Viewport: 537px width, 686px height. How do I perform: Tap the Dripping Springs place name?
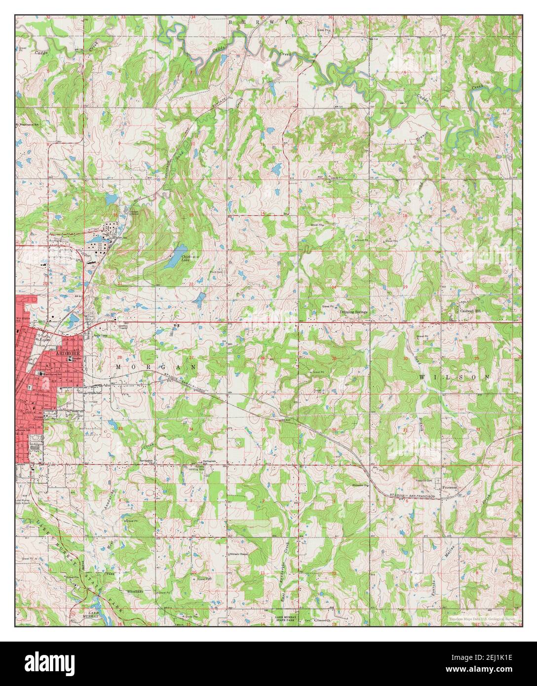[353, 312]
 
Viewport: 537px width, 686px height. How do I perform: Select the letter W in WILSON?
[422, 377]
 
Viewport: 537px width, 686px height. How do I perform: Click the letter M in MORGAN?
[119, 367]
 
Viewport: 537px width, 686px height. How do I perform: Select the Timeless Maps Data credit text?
[484, 618]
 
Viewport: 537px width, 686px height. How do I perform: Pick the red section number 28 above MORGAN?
[119, 357]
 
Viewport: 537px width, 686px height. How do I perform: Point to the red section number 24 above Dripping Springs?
[334, 287]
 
